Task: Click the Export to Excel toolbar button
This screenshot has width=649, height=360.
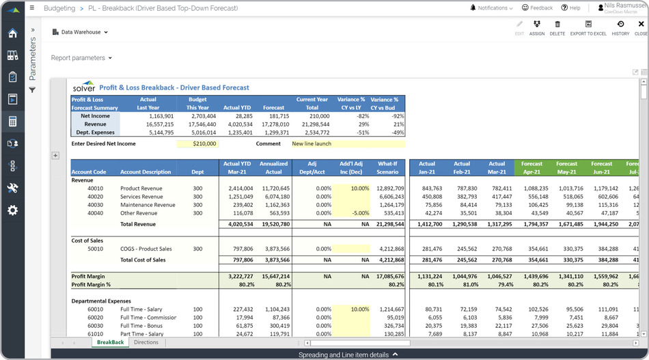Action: pyautogui.click(x=588, y=27)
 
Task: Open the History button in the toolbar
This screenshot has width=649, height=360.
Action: pyautogui.click(x=620, y=27)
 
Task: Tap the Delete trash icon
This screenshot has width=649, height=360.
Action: pyautogui.click(x=557, y=27)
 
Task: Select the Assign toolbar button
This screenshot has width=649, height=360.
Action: pyautogui.click(x=537, y=27)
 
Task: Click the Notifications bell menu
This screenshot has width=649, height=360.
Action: pyautogui.click(x=491, y=8)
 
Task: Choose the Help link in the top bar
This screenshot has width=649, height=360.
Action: pyautogui.click(x=570, y=8)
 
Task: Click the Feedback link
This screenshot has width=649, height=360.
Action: pyautogui.click(x=537, y=8)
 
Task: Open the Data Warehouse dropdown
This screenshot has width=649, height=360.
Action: pyautogui.click(x=80, y=32)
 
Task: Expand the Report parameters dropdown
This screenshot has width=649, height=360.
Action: pyautogui.click(x=81, y=58)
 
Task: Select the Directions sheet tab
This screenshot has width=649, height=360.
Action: pyautogui.click(x=146, y=342)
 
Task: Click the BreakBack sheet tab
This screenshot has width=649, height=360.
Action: pyautogui.click(x=110, y=342)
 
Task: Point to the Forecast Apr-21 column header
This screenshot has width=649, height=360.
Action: pyautogui.click(x=531, y=167)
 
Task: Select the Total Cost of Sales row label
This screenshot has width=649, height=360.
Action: pyautogui.click(x=143, y=260)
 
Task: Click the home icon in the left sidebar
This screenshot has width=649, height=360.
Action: pyautogui.click(x=12, y=33)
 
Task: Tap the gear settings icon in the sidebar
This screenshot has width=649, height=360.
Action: pyautogui.click(x=12, y=210)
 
